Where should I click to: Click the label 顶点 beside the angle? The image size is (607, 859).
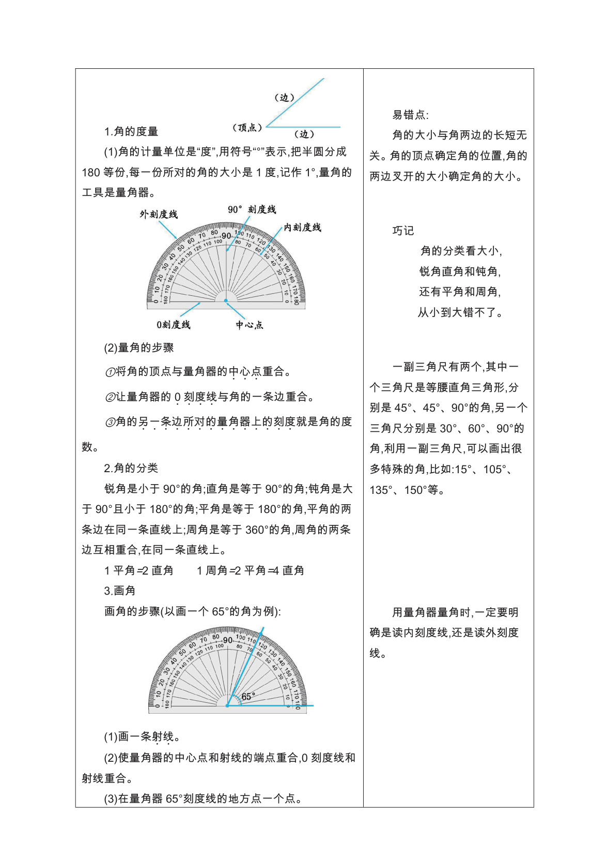pos(247,127)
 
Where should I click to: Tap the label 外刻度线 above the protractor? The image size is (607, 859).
pos(159,214)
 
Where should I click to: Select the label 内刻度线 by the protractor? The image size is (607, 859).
pos(302,228)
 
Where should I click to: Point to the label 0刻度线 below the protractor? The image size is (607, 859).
pos(174,325)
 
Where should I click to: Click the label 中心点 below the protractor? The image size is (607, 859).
pos(250,325)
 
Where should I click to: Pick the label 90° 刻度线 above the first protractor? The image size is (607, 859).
pos(252,209)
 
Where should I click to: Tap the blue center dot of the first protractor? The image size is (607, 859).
pos(226,300)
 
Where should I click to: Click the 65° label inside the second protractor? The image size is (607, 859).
pos(248,697)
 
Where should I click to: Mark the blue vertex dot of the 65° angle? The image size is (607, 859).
pos(227,705)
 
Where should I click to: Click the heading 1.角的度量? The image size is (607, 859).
pos(131,132)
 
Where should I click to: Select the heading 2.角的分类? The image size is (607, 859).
pos(131,469)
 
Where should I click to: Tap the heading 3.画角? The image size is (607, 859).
pos(120,591)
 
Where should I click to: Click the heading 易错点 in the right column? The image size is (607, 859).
pos(410,115)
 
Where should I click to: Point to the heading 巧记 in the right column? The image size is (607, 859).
pos(403,231)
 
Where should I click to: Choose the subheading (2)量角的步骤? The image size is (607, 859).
pos(139,348)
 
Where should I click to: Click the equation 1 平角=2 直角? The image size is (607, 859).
pos(138,571)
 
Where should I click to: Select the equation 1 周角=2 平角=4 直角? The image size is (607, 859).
pos(251,571)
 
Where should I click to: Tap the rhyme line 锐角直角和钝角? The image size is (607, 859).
pos(460,272)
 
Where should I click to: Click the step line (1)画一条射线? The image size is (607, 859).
pos(142,737)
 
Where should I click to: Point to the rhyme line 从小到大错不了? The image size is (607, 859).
pos(460,313)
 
